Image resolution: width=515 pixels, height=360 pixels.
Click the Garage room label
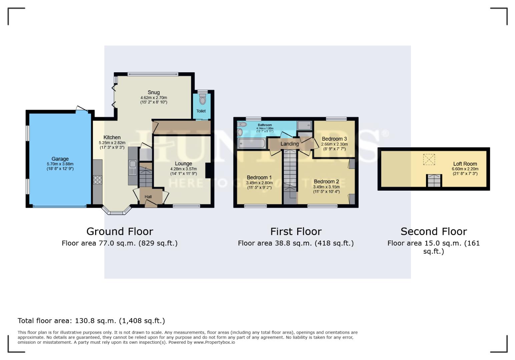click(x=60, y=159)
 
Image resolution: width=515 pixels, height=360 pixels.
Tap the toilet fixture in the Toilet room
click(x=202, y=99)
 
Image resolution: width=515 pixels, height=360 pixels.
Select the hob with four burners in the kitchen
click(x=97, y=180)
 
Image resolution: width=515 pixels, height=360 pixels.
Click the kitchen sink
click(x=133, y=164)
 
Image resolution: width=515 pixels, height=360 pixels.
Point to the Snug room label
click(x=153, y=92)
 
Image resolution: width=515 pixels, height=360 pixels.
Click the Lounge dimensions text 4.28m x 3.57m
click(x=183, y=169)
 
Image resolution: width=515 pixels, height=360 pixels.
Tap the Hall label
click(x=148, y=197)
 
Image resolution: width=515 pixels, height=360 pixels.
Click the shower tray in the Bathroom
click(x=304, y=125)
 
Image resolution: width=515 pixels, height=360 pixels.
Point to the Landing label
click(x=289, y=144)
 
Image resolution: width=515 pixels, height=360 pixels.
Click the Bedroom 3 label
click(x=334, y=139)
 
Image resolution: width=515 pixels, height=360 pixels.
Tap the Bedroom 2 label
click(x=326, y=182)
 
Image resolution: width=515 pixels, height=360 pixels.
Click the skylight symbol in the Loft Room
click(x=429, y=159)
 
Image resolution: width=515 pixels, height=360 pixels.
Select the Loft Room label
click(x=465, y=164)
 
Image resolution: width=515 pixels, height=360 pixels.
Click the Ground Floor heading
click(x=119, y=231)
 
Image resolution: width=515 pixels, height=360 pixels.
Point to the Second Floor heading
click(x=433, y=231)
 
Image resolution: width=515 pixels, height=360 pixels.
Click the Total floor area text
click(x=91, y=321)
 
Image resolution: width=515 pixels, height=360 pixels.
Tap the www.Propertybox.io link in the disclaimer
click(x=214, y=342)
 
